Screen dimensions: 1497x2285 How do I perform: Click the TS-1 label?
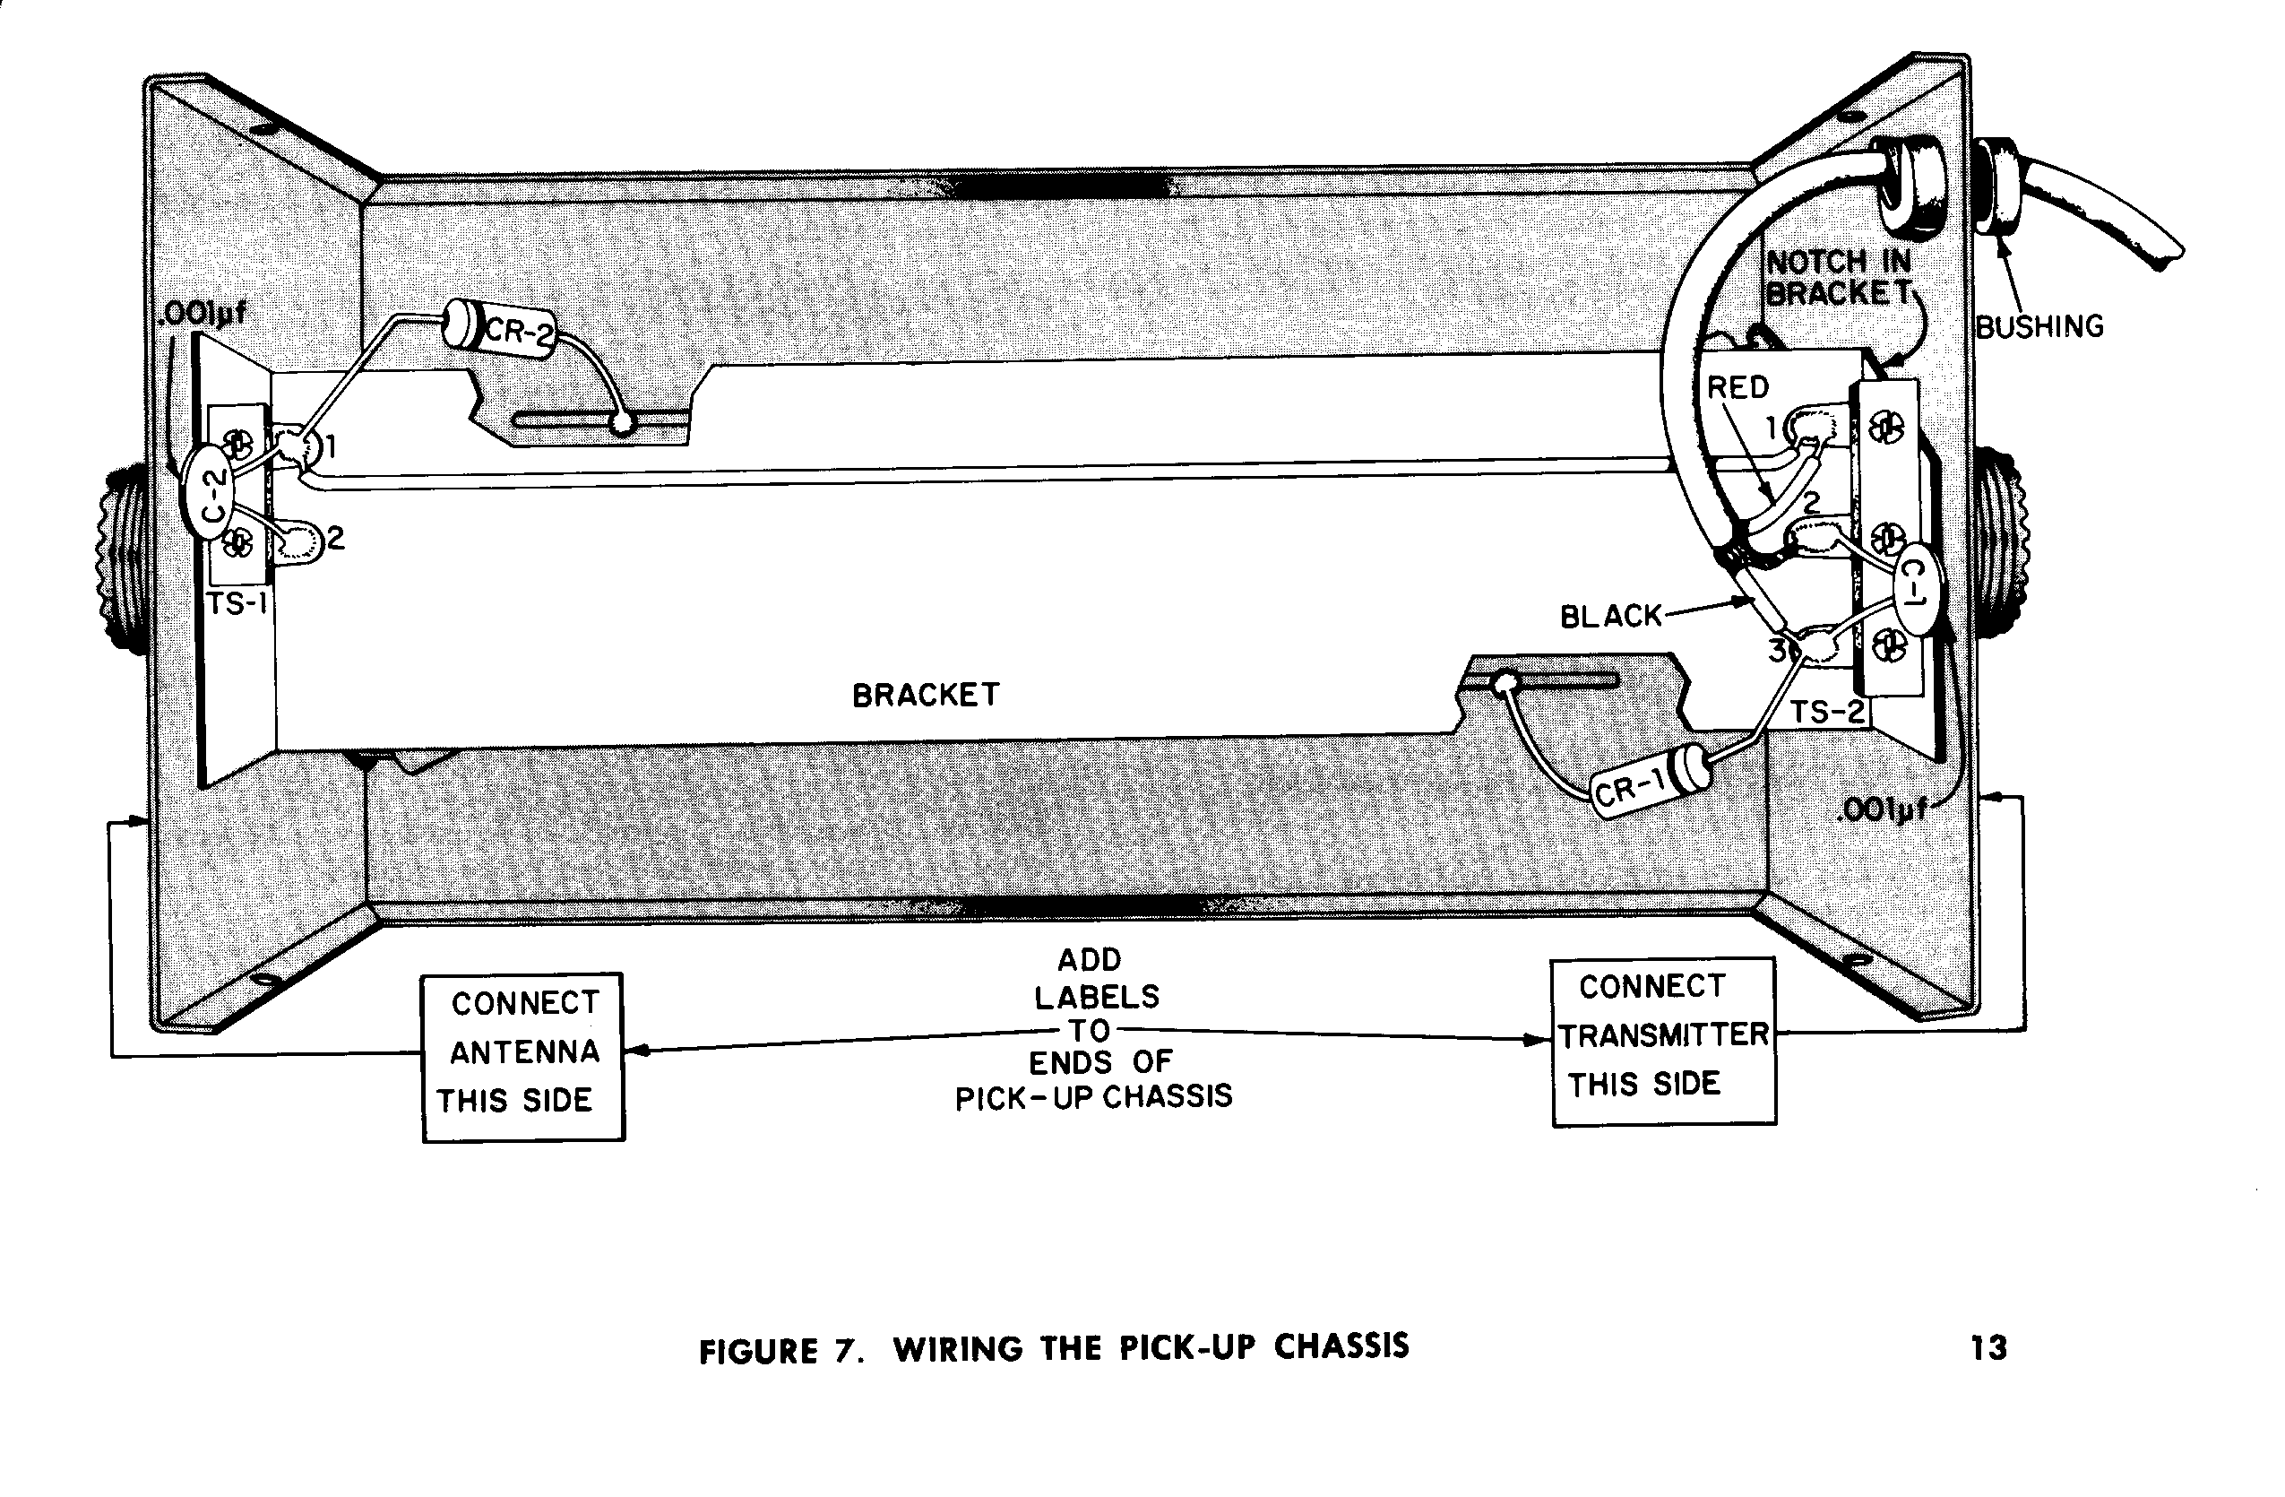[x=237, y=604]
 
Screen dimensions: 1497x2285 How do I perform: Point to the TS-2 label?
[x=1827, y=713]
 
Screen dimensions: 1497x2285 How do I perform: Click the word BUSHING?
[x=2039, y=326]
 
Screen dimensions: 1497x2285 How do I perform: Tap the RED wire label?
[x=1737, y=387]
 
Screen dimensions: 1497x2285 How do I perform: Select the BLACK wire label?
[x=1610, y=616]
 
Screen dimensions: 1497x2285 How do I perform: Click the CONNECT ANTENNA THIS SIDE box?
[x=523, y=1056]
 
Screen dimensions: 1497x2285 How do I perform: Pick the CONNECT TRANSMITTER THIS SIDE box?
[x=1664, y=1041]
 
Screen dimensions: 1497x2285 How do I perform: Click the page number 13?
[x=1988, y=1348]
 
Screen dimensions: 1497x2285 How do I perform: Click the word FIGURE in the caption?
[x=758, y=1351]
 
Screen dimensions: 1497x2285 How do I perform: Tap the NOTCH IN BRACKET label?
[x=1838, y=277]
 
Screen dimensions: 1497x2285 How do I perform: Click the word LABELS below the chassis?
[x=1097, y=997]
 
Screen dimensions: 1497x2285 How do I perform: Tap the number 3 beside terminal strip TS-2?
[x=1778, y=650]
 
